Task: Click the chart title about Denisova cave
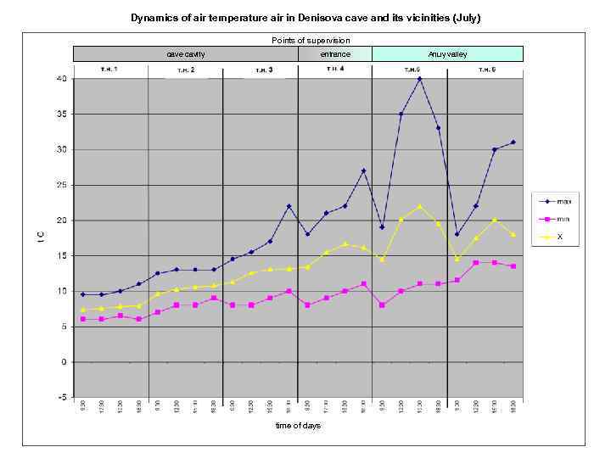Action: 311,17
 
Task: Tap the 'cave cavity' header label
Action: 185,54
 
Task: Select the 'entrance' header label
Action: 334,54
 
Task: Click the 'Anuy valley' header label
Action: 447,54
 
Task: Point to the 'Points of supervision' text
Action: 311,41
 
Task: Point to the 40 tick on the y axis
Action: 61,78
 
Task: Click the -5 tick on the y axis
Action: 61,397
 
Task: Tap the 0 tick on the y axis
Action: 64,361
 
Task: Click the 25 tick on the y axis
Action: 61,185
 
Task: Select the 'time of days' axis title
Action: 298,426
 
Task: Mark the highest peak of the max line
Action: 419,78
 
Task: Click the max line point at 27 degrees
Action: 363,170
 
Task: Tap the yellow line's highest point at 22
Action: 419,206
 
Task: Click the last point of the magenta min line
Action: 513,266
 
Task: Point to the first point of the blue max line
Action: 82,294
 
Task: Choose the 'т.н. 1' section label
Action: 109,68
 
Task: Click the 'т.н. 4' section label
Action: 334,68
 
